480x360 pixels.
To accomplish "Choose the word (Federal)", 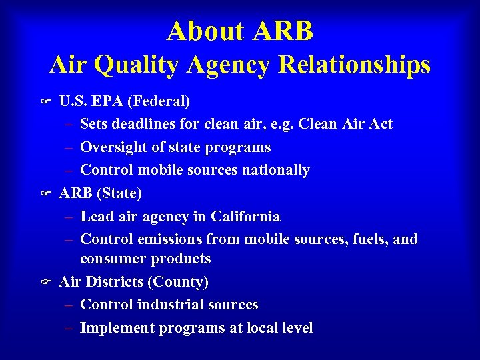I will (x=159, y=101).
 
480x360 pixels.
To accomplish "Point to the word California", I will (x=245, y=217).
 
